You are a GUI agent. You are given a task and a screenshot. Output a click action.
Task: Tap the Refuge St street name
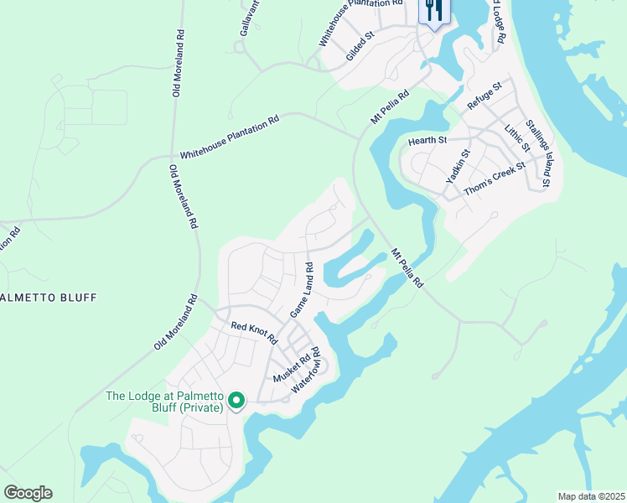coord(484,96)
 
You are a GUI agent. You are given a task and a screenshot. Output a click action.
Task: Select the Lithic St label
coord(518,137)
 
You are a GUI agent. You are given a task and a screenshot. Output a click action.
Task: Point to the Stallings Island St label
coord(539,153)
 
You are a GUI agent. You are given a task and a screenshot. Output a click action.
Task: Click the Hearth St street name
coord(427,141)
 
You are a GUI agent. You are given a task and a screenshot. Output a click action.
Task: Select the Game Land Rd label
coord(302,290)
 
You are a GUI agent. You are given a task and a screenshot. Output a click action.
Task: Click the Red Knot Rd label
coord(254,332)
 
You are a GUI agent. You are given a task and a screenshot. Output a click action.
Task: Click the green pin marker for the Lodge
coord(236,402)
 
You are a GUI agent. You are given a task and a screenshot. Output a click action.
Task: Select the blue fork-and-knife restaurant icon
coord(434,11)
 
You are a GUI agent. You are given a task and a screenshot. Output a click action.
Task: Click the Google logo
coord(28,493)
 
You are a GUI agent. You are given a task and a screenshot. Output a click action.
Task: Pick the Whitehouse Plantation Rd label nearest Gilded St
coord(355,23)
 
